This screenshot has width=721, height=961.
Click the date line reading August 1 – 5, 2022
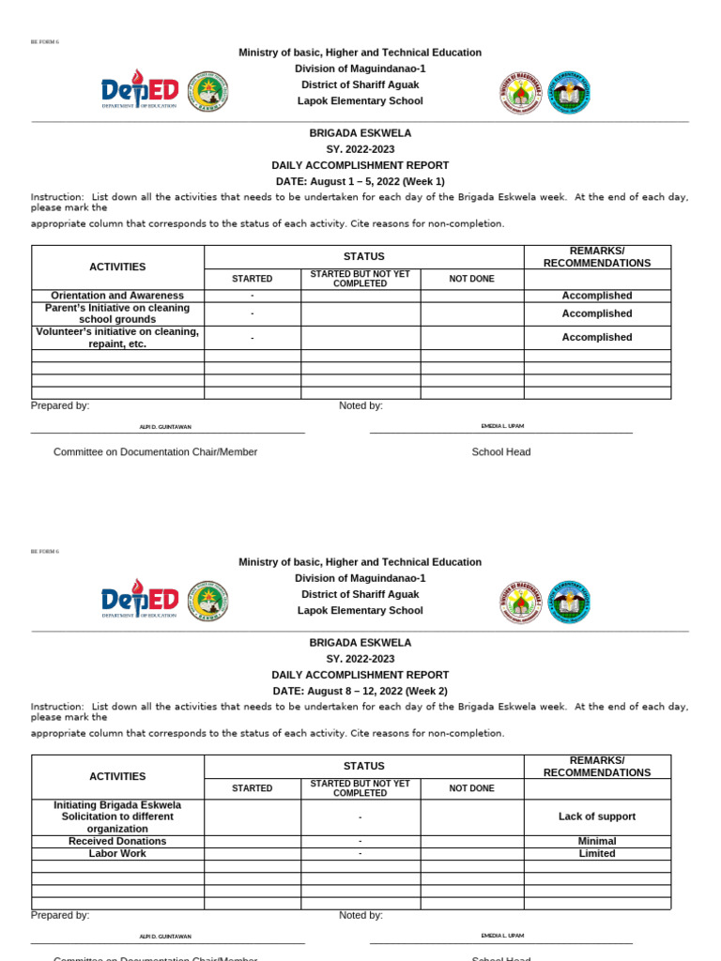(x=360, y=181)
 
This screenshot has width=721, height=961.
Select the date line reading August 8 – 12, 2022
(x=360, y=691)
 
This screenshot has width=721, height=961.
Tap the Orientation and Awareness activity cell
(x=117, y=296)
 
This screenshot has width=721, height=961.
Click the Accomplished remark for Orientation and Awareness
(x=597, y=296)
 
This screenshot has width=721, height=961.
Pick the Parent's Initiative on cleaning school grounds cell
(x=117, y=313)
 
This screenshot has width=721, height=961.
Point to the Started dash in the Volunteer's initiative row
(x=253, y=338)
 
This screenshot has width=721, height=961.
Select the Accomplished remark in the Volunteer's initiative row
(x=597, y=337)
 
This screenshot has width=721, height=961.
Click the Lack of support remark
(x=597, y=816)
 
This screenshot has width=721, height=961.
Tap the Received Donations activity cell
(x=117, y=841)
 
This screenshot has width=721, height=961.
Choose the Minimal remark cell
(x=597, y=841)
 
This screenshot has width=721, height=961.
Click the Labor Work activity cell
(x=117, y=853)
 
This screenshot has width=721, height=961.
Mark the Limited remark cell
(x=597, y=853)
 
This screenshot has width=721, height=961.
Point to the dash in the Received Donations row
(x=360, y=841)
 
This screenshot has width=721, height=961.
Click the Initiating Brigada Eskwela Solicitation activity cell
(x=117, y=816)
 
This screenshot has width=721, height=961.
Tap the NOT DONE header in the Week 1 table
(x=471, y=279)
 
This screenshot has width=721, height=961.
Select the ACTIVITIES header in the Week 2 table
(x=117, y=776)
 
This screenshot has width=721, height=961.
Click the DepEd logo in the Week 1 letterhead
(x=140, y=91)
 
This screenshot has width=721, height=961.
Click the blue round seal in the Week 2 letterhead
(x=569, y=602)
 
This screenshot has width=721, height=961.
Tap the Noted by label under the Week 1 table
(x=360, y=405)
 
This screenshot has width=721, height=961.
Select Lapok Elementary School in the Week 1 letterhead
(x=360, y=100)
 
